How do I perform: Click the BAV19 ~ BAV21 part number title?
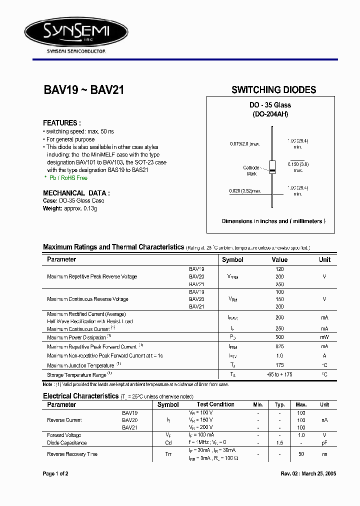point(83,90)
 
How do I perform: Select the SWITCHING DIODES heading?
point(273,90)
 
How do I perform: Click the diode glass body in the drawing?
point(272,167)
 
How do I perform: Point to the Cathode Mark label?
point(251,170)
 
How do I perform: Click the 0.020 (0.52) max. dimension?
point(245,191)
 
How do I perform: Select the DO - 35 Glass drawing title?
point(270,105)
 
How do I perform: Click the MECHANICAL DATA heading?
point(76,193)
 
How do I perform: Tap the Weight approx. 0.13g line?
point(70,208)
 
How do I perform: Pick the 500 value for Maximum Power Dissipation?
point(279,337)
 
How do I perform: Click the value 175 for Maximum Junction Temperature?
point(279,365)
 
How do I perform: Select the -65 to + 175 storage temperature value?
point(279,374)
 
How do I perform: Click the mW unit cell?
point(324,337)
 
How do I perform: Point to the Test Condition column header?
point(215,404)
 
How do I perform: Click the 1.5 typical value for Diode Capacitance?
point(280,443)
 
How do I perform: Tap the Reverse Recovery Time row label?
point(72,454)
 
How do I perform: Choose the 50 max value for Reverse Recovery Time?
point(301,454)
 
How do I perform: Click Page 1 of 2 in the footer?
point(55,473)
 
